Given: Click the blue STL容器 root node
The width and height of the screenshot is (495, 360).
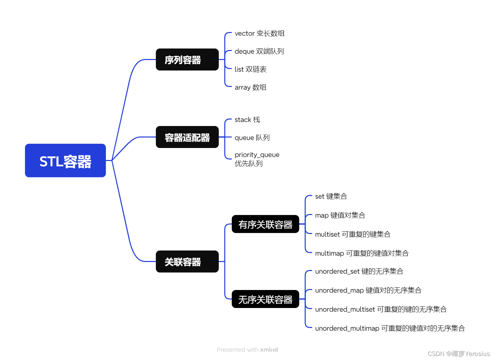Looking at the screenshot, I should point(65,161).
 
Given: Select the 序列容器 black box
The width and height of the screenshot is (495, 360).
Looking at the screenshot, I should point(187,60).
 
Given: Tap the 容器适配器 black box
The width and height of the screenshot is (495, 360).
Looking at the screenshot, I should point(187,137).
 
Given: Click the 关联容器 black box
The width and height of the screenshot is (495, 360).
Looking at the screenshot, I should point(187,262).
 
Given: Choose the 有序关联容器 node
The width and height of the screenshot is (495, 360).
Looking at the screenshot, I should point(265,224).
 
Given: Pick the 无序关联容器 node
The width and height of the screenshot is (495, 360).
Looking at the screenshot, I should point(265,299).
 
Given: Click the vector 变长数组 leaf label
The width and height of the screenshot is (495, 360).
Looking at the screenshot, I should point(259,33).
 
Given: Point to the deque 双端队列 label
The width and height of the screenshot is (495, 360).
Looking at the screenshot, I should point(259,51).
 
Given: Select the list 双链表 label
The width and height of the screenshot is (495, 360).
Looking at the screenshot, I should point(250,69).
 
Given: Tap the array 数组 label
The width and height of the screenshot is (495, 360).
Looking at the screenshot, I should point(250,87).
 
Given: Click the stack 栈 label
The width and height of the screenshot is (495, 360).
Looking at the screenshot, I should point(247,120).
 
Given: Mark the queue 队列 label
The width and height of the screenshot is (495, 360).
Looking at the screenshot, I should point(252,138).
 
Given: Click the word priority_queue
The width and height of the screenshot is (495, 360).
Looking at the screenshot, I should point(257,155).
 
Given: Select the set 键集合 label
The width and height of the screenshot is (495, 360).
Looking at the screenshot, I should point(331,196).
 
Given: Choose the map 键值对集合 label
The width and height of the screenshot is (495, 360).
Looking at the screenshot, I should point(340,215).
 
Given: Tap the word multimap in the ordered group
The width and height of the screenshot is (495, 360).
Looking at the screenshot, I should point(329,253).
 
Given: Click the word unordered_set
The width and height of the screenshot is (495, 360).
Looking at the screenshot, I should point(337,271).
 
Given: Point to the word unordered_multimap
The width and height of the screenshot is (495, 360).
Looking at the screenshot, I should point(347,328).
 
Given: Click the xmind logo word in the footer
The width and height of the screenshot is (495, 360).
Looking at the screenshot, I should point(269,350).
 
